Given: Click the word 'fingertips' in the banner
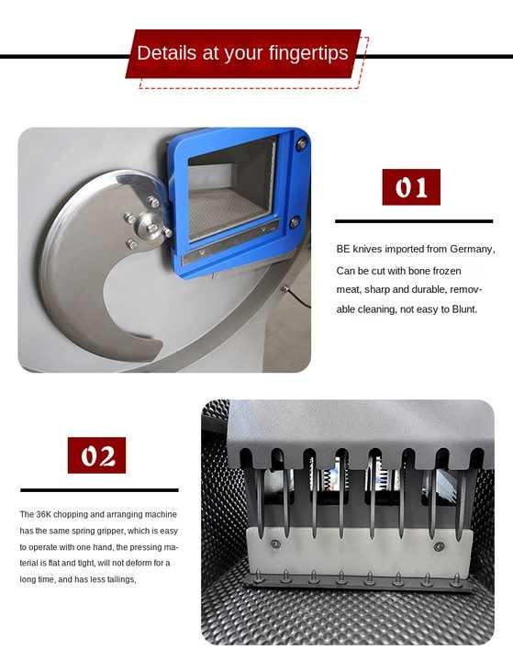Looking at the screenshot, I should pyautogui.click(x=305, y=52).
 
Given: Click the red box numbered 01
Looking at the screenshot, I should pyautogui.click(x=411, y=187).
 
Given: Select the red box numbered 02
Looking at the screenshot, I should pyautogui.click(x=96, y=455).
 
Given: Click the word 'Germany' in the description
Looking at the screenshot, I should pyautogui.click(x=468, y=249).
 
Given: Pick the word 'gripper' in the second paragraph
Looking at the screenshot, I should pyautogui.click(x=114, y=531).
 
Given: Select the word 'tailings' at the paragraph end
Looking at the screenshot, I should pyautogui.click(x=119, y=579).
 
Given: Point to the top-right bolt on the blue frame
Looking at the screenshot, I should pyautogui.click(x=301, y=143).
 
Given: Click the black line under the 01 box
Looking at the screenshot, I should pyautogui.click(x=413, y=221).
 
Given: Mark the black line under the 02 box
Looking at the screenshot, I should pyautogui.click(x=99, y=490).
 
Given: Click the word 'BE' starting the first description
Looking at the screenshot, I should pyautogui.click(x=343, y=249).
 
